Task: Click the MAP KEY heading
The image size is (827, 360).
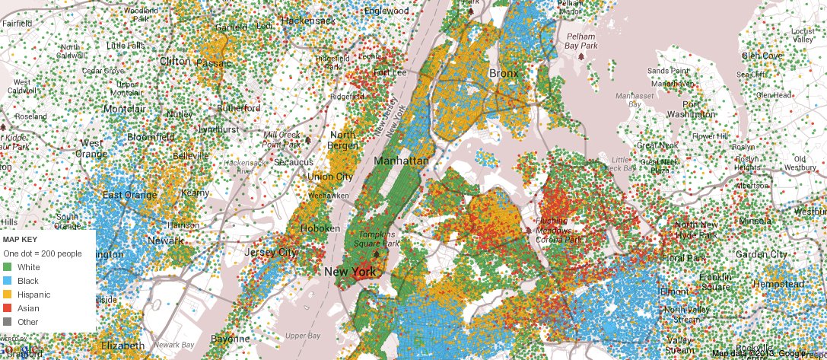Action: pos(21,239)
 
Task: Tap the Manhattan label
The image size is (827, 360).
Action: pos(401,161)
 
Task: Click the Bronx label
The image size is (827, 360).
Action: pos(503,73)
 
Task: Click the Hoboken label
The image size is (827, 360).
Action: pos(320,228)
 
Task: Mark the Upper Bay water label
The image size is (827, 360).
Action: pos(303,335)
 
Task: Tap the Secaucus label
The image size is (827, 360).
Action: pos(294,162)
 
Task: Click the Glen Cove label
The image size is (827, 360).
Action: pos(762,56)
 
